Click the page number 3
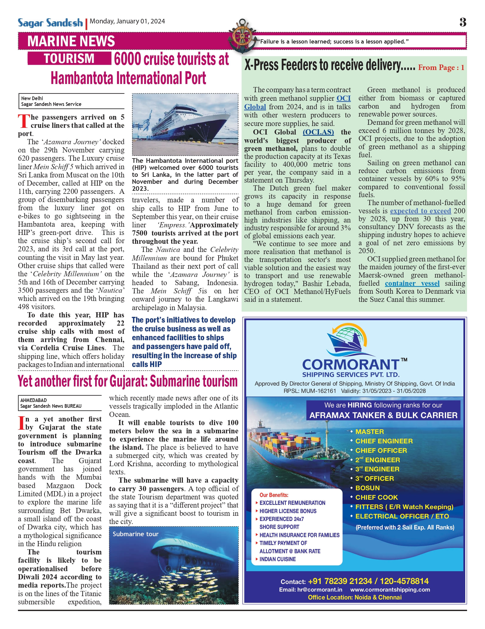[462, 22]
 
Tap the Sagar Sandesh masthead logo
[50, 23]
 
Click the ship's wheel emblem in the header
[242, 36]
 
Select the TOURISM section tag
[69, 58]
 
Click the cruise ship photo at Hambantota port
[185, 124]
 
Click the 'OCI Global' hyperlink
[343, 98]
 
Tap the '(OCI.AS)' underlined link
[318, 132]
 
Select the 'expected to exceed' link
[420, 211]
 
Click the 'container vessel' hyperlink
[412, 283]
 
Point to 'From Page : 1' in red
[441, 68]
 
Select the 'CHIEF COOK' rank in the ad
[376, 497]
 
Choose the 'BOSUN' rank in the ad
[367, 488]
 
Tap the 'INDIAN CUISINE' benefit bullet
[277, 559]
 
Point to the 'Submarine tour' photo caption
[136, 534]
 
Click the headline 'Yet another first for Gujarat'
[128, 381]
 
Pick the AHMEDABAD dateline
[34, 400]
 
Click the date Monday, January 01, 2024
[127, 21]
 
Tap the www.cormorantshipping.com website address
[390, 589]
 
